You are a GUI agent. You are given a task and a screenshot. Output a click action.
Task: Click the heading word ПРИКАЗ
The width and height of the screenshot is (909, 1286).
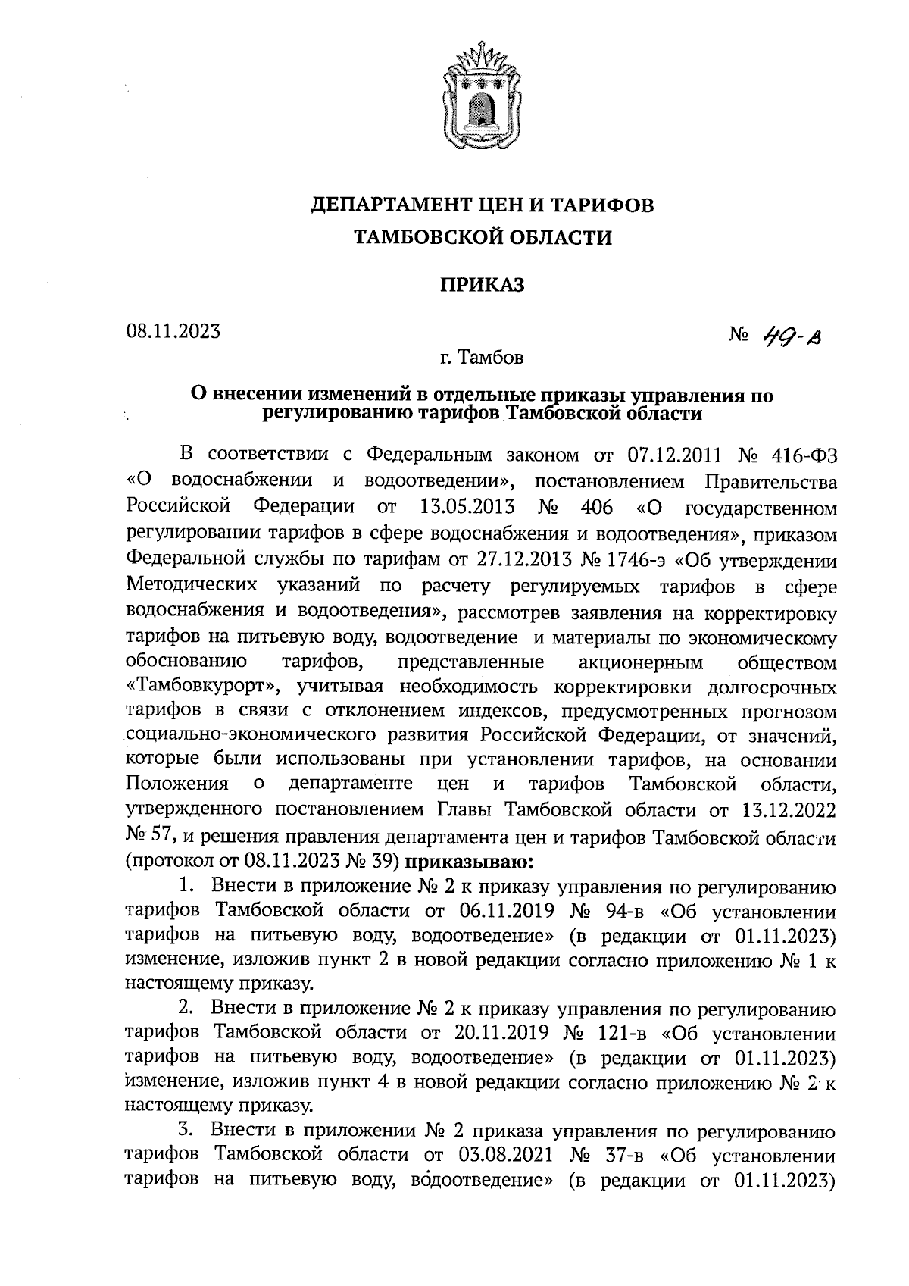pos(483,285)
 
